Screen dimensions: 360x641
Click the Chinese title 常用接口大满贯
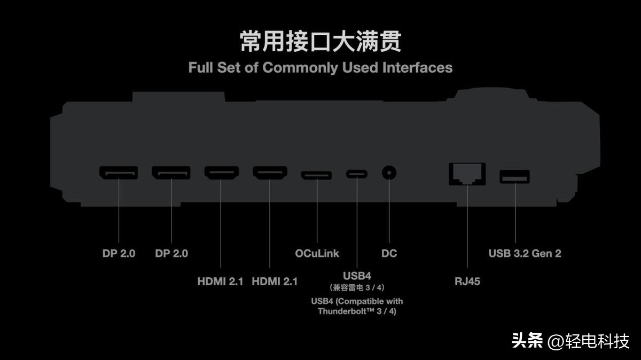[320, 42]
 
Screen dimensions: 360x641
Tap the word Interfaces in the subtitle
[417, 68]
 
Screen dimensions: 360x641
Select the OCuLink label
[317, 253]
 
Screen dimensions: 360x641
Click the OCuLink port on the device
[316, 175]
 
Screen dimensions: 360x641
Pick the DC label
[389, 253]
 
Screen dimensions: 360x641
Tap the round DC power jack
[389, 173]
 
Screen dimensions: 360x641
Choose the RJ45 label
[467, 281]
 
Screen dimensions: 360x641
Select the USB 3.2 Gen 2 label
[525, 253]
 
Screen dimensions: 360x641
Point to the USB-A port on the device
[514, 176]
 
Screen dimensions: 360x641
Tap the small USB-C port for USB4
[356, 174]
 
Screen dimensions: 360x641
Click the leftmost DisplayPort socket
[118, 173]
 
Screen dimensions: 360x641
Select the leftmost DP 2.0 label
[119, 253]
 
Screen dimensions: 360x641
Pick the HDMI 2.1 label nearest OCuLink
[275, 281]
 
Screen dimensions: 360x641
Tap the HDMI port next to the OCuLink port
[270, 173]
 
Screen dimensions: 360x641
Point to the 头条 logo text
[527, 340]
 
